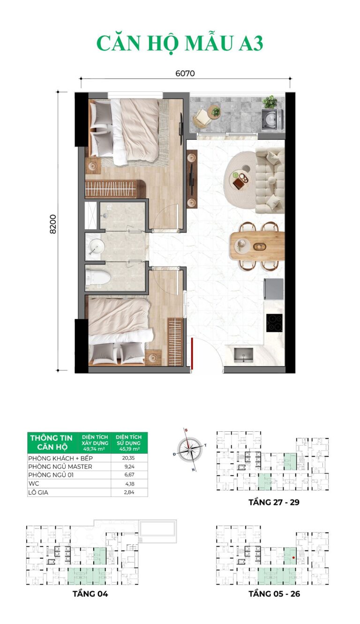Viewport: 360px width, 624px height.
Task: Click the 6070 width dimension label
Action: click(185, 73)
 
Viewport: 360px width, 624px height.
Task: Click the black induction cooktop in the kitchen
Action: click(274, 321)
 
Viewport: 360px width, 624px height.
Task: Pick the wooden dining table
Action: click(257, 245)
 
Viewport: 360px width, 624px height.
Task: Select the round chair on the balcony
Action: click(202, 118)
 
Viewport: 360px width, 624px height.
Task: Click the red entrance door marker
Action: click(192, 352)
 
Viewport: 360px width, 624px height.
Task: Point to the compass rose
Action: click(190, 449)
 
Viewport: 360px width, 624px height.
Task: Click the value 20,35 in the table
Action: click(129, 459)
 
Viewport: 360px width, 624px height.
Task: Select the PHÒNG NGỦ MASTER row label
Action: click(60, 467)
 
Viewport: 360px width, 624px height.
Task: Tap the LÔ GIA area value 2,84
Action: click(129, 492)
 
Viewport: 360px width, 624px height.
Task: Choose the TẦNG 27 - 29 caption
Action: click(274, 502)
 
